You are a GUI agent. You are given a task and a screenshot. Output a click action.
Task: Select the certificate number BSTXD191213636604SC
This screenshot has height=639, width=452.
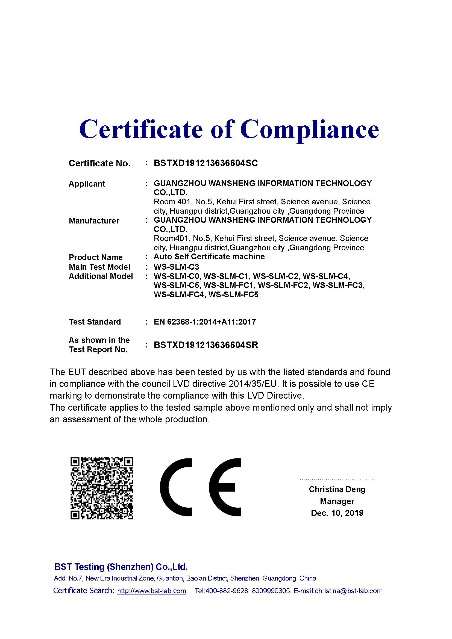pyautogui.click(x=206, y=163)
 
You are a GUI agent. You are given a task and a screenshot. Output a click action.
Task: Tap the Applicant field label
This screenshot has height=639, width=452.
pyautogui.click(x=87, y=184)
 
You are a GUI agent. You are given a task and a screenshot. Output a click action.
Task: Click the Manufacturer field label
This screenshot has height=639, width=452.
pyautogui.click(x=94, y=221)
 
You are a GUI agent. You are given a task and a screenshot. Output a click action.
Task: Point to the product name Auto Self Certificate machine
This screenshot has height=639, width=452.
pyautogui.click(x=209, y=257)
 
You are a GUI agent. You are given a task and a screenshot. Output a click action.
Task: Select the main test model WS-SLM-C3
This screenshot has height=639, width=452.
pyautogui.click(x=177, y=267)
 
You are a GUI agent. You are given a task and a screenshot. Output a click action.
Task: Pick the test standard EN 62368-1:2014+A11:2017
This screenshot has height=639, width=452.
pyautogui.click(x=205, y=322)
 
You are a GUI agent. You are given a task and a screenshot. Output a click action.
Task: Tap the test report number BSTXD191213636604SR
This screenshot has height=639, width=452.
pyautogui.click(x=206, y=345)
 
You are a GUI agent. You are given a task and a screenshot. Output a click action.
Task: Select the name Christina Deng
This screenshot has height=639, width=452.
pyautogui.click(x=337, y=489)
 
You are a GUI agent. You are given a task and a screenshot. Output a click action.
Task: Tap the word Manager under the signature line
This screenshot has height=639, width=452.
pyautogui.click(x=337, y=501)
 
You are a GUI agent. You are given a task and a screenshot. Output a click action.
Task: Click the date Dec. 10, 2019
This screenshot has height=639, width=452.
pyautogui.click(x=337, y=513)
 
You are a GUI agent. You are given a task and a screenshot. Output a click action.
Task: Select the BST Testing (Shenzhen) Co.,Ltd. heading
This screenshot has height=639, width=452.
pyautogui.click(x=121, y=567)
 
